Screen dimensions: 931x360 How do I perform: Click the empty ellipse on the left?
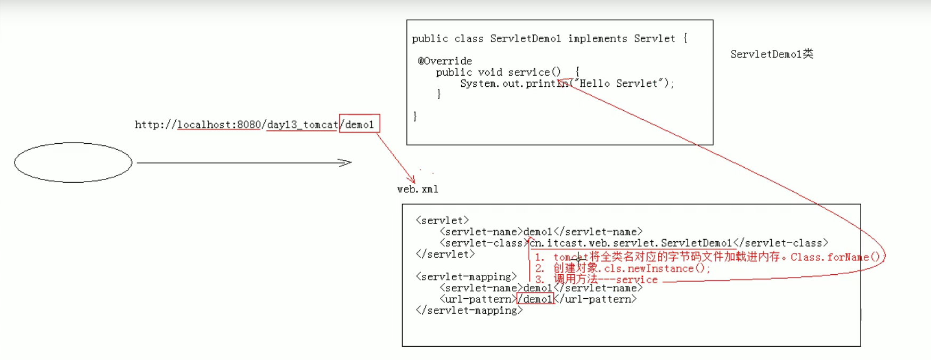(73, 162)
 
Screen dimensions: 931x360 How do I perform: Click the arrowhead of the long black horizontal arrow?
(346, 162)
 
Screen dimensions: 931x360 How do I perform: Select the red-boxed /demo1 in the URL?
(360, 125)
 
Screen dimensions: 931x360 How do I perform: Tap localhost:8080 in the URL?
(219, 125)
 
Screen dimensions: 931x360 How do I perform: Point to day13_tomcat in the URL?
(302, 125)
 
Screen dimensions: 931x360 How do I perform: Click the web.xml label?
(418, 189)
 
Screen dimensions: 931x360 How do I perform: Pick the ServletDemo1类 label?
(772, 54)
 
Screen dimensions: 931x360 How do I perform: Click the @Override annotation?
(445, 61)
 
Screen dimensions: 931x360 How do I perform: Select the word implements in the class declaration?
(597, 38)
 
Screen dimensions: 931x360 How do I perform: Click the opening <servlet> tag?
(442, 220)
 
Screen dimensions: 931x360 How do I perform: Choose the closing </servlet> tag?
(445, 254)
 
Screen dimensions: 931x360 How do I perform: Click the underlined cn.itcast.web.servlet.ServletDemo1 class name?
(631, 243)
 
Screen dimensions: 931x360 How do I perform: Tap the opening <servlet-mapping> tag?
(466, 277)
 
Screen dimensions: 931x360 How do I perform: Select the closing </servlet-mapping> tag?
(469, 310)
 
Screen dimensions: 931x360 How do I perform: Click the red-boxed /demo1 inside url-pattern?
(536, 299)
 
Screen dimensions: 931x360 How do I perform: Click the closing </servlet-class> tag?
(781, 243)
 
